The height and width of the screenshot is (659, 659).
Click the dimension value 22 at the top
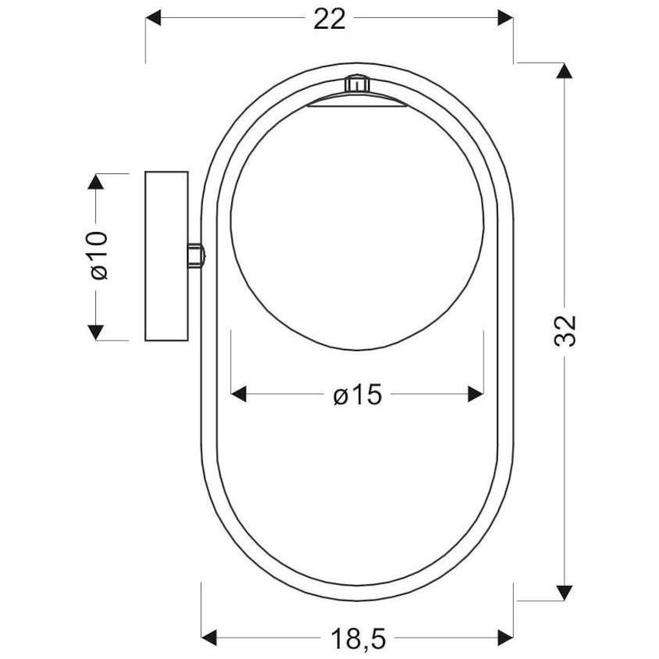pyautogui.click(x=329, y=19)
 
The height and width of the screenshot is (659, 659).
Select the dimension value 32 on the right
pyautogui.click(x=564, y=331)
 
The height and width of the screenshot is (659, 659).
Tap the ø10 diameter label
pyautogui.click(x=100, y=255)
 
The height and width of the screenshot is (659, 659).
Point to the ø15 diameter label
pyautogui.click(x=357, y=395)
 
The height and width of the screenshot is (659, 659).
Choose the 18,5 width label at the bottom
pyautogui.click(x=358, y=639)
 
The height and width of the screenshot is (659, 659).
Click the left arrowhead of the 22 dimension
pyautogui.click(x=153, y=18)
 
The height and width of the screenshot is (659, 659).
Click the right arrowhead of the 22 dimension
pyautogui.click(x=505, y=18)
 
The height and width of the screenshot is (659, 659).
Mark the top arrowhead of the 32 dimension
pyautogui.click(x=564, y=71)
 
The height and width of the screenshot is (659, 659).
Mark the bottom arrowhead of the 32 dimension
pyautogui.click(x=564, y=593)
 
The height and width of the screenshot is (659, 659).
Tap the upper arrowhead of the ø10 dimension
pyautogui.click(x=96, y=181)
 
